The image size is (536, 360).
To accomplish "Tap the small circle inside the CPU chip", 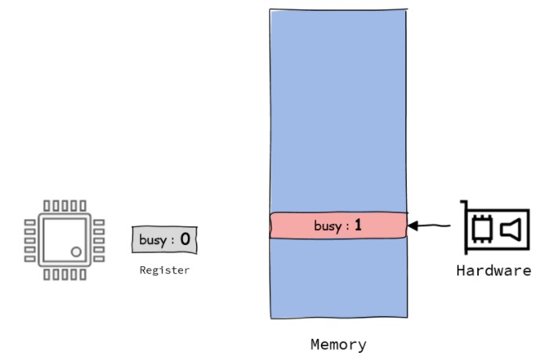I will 77,252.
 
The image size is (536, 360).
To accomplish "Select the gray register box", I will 164,239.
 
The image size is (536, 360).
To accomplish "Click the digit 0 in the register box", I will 185,239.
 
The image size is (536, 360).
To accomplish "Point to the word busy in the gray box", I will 153,239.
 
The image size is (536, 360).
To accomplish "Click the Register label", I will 164,271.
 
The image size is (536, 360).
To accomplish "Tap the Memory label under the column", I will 338,344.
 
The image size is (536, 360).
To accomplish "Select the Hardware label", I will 495,271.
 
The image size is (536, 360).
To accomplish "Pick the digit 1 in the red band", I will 358,225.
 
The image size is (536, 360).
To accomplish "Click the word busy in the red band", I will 327,226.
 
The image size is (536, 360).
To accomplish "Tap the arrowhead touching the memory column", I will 413,227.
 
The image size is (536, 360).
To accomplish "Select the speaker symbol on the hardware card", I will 511,229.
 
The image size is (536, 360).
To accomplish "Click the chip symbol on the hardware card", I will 483,229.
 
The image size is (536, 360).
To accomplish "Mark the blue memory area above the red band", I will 338,110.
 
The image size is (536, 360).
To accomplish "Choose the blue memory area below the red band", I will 338,278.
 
